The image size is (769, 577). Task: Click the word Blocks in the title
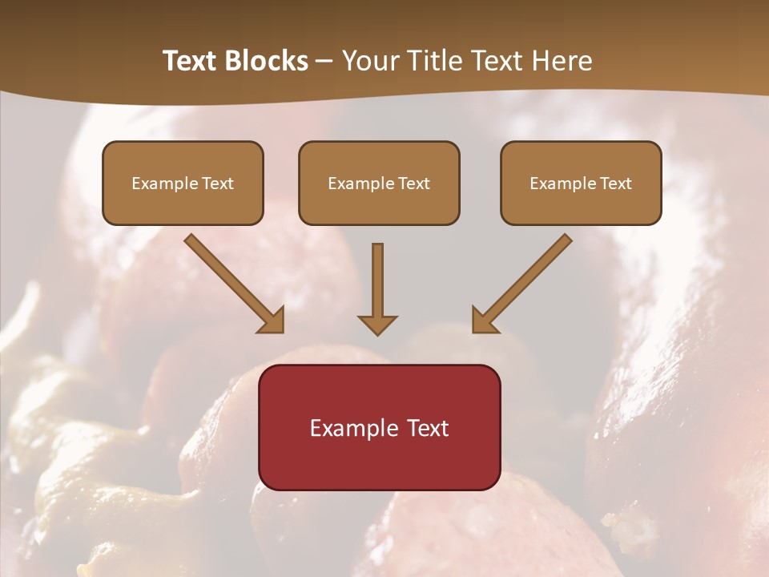click(268, 61)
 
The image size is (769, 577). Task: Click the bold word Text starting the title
click(192, 61)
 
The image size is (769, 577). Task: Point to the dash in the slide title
click(325, 62)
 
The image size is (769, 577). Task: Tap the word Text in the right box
click(615, 184)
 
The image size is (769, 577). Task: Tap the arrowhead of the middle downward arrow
click(377, 324)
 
